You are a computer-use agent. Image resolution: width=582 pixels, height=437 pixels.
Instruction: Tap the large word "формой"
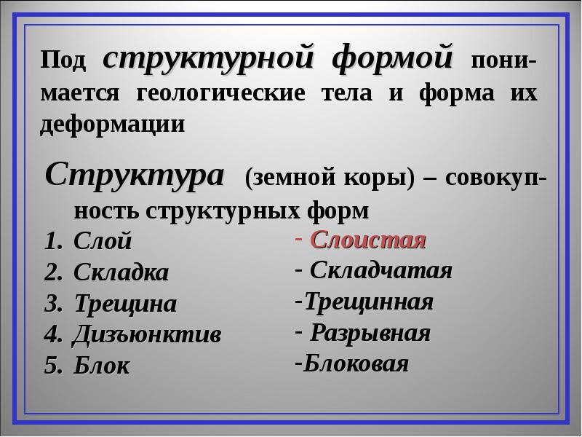[x=393, y=58]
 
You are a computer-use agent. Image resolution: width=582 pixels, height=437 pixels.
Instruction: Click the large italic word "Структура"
[x=135, y=175]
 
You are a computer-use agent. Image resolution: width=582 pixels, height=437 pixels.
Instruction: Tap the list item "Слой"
[x=103, y=241]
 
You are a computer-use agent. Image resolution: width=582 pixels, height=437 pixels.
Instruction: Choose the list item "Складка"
[x=121, y=272]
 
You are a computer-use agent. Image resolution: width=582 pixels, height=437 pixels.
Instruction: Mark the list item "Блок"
[x=102, y=366]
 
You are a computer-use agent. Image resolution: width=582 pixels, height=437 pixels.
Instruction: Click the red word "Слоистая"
[x=367, y=240]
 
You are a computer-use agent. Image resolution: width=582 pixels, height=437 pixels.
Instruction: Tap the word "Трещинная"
[x=369, y=302]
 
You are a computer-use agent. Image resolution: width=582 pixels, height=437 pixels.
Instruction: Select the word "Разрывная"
[x=370, y=333]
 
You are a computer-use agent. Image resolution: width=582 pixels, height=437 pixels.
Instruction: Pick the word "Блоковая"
[x=356, y=363]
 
